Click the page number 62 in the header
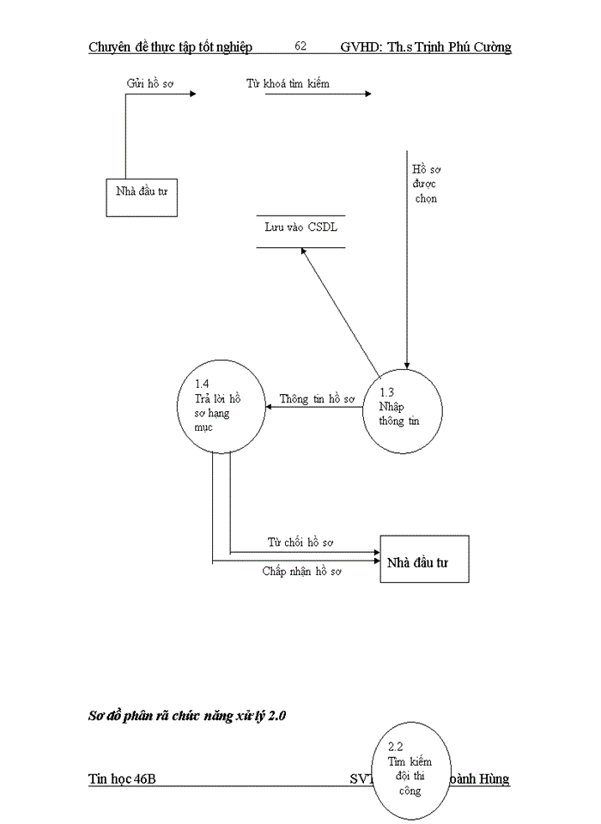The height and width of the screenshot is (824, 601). coord(300,46)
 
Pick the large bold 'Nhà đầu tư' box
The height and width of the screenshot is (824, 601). coord(424,560)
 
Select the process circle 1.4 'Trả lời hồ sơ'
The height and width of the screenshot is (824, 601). coord(221,406)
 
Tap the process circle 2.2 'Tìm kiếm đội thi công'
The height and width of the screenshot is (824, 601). coord(410,769)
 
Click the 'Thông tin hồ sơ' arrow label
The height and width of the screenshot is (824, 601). coord(317,400)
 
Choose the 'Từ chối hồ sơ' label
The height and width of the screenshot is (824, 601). coord(300,542)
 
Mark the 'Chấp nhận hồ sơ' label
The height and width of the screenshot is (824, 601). coord(302,571)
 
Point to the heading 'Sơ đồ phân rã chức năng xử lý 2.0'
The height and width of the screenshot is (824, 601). coord(186,715)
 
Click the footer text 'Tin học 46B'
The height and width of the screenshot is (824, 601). coord(122,779)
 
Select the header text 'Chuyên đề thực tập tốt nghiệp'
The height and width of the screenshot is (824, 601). coord(170,46)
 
